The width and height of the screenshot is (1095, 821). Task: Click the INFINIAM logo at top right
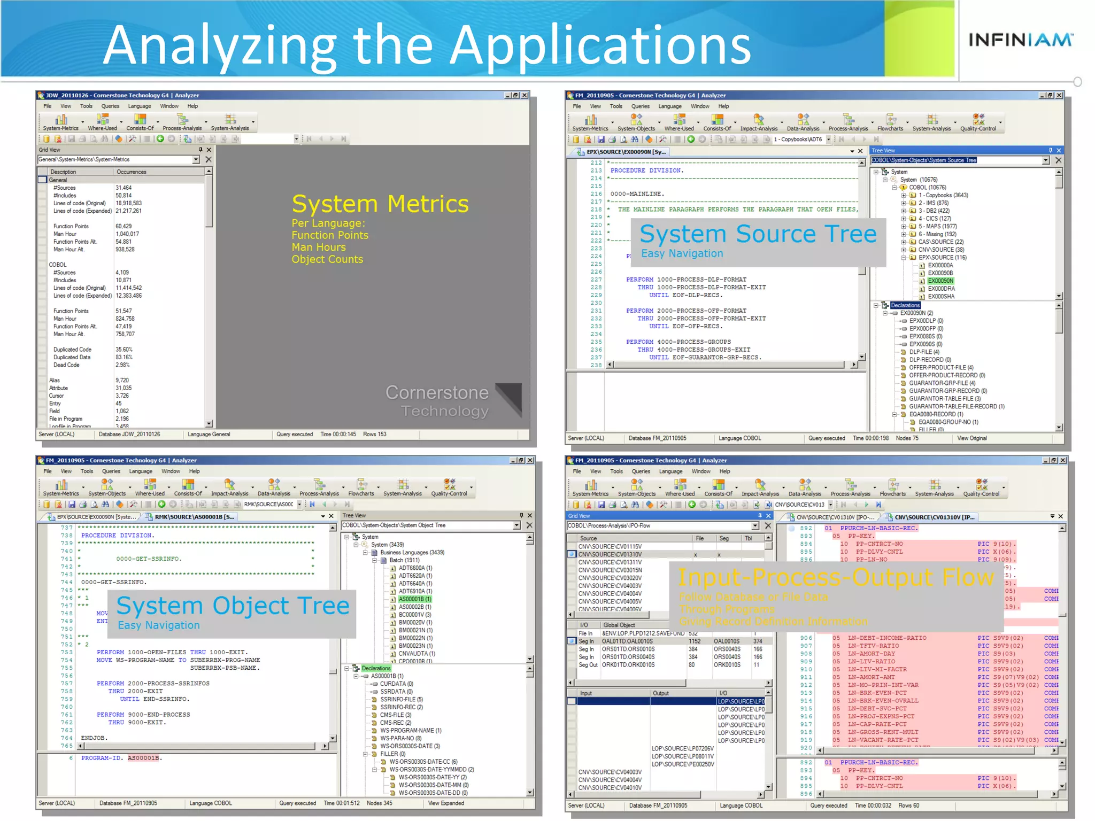coord(1020,40)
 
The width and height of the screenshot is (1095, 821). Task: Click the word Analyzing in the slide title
coord(219,45)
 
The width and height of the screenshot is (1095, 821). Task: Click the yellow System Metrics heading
coord(380,204)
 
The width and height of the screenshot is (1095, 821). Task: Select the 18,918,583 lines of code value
coord(128,203)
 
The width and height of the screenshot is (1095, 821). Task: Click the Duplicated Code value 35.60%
coord(124,350)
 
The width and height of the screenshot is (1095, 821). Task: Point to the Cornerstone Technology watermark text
coord(437,401)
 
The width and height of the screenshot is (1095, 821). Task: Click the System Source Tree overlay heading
coord(758,234)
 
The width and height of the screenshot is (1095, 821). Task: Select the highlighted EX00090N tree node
coord(940,281)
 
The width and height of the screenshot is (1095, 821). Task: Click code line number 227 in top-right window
coord(596,280)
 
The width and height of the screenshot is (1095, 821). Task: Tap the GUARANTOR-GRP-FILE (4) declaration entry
coord(942,383)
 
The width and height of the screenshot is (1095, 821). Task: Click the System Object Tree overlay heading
coord(233,606)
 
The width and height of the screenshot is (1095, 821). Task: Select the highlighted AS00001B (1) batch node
coord(415,599)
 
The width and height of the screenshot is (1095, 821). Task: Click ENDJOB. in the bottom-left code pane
coord(94,738)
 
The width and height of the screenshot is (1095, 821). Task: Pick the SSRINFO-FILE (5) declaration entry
coord(401,699)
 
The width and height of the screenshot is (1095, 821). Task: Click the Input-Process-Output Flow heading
coord(836,577)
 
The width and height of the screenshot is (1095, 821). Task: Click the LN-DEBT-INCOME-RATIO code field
coord(886,638)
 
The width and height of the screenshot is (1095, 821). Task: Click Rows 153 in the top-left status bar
coord(374,434)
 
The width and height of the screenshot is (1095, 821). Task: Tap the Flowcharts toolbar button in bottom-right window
coord(892,488)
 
